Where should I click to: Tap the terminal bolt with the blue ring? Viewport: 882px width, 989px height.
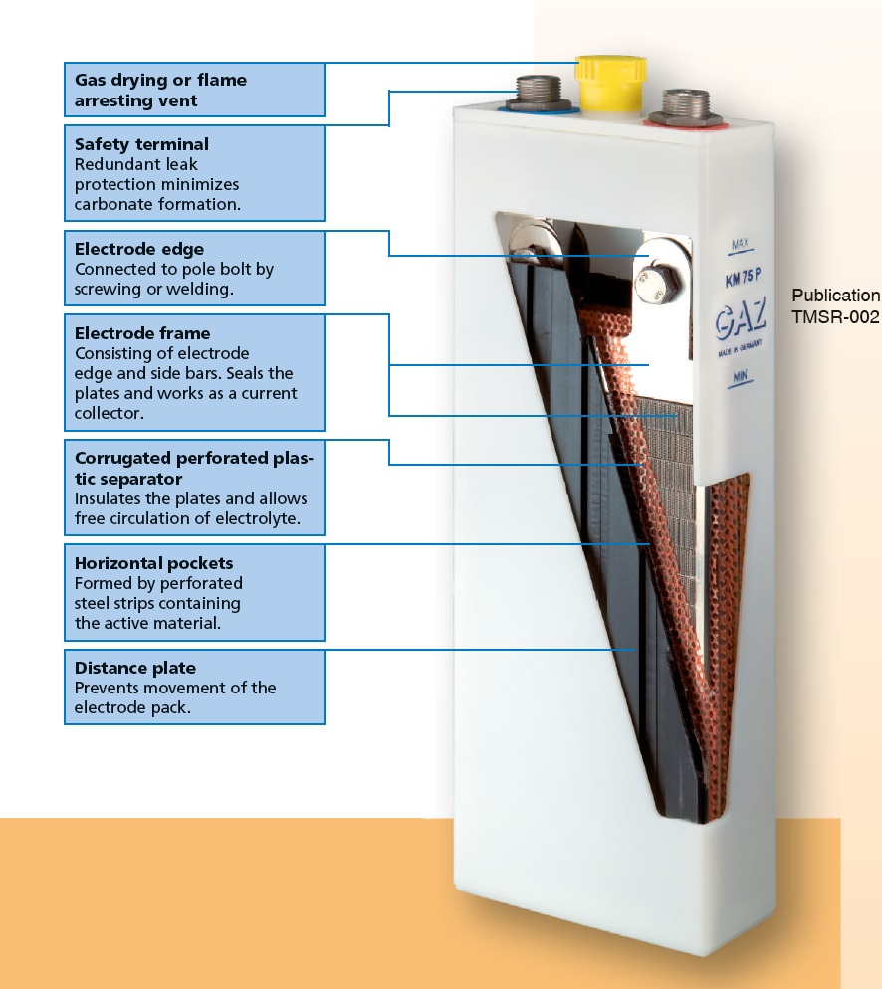click(539, 95)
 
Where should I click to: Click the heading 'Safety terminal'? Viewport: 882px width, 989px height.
click(141, 144)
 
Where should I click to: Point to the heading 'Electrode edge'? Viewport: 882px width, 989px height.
click(138, 249)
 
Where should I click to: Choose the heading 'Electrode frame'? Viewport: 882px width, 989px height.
click(142, 333)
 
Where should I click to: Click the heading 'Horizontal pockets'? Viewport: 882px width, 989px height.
click(153, 563)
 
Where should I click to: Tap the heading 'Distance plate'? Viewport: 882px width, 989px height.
click(135, 668)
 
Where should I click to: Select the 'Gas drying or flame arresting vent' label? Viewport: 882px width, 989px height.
click(160, 91)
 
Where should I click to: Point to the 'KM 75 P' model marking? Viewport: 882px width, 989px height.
click(744, 278)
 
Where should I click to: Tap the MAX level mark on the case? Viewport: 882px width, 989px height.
click(740, 244)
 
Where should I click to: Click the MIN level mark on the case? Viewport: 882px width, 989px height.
click(740, 376)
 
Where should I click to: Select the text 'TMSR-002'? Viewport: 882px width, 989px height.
click(835, 316)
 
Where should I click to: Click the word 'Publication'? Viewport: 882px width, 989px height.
click(836, 296)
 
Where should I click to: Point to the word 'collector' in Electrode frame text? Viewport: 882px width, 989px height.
click(110, 413)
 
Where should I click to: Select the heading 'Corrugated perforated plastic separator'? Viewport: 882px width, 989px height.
click(194, 469)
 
